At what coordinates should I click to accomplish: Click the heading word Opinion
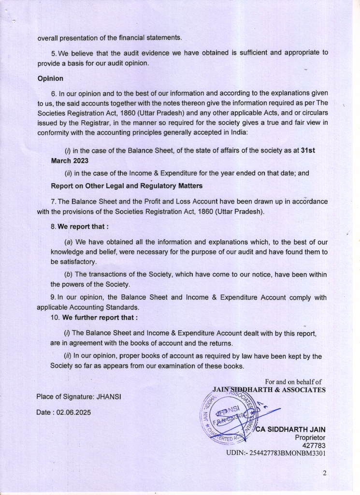(50, 78)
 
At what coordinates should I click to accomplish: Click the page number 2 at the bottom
(325, 473)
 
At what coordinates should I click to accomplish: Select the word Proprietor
(310, 437)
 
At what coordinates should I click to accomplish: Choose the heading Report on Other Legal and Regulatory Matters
(127, 186)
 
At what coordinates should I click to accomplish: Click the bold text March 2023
(70, 161)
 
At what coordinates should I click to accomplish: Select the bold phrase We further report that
(100, 318)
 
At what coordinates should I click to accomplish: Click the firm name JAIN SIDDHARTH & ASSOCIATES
(269, 390)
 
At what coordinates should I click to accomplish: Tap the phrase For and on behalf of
(293, 382)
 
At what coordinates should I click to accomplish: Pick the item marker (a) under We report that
(68, 242)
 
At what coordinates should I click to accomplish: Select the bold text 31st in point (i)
(308, 151)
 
